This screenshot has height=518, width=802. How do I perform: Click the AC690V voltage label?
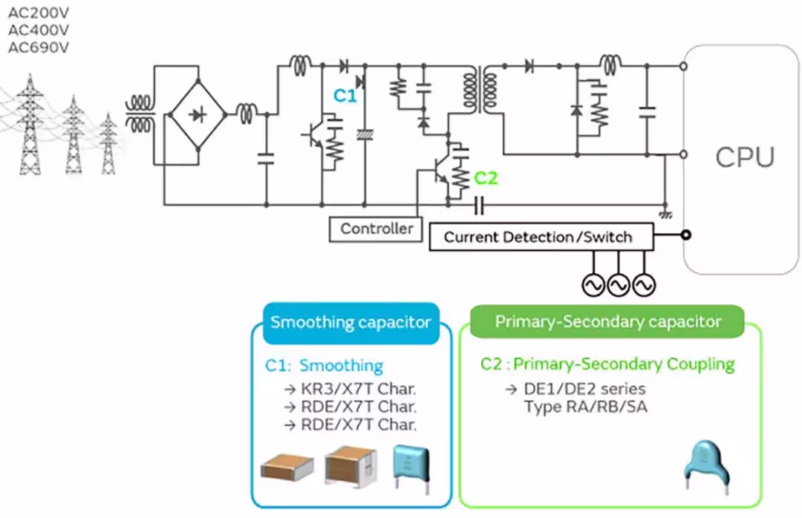click(x=39, y=47)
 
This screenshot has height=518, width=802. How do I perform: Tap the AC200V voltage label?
click(x=39, y=13)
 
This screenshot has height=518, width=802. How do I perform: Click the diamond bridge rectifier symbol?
click(x=198, y=114)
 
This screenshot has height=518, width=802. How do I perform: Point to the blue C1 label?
click(x=345, y=96)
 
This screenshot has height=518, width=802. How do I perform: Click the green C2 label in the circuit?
click(x=486, y=178)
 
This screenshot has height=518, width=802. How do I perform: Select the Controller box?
click(x=376, y=229)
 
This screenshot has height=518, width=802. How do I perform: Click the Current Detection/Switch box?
click(x=541, y=237)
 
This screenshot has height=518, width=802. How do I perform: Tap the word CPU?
click(x=745, y=157)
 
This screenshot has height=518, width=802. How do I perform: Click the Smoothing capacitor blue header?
click(x=351, y=323)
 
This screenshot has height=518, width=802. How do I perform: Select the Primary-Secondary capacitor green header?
click(x=607, y=321)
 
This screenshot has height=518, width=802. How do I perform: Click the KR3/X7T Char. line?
click(x=351, y=389)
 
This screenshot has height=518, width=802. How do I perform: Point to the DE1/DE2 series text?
click(x=576, y=389)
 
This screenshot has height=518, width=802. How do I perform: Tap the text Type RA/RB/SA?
click(x=586, y=407)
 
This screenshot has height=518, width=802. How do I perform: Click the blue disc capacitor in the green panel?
click(x=707, y=467)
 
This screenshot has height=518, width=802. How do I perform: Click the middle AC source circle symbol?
click(x=619, y=285)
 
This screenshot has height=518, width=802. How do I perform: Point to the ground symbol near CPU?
click(x=665, y=214)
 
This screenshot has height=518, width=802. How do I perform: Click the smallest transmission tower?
click(x=108, y=144)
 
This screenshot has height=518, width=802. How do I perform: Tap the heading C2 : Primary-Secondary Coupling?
click(x=607, y=364)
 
